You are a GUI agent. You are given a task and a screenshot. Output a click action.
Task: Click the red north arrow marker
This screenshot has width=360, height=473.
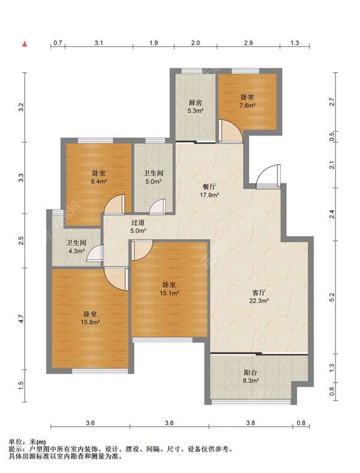[x=25, y=44]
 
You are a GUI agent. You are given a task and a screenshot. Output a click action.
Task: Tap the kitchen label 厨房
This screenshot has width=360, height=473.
[x=195, y=102]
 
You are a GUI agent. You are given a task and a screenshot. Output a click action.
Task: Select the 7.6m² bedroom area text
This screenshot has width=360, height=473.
[x=247, y=106]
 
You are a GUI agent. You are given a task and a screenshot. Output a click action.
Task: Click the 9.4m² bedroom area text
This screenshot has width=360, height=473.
[x=99, y=182]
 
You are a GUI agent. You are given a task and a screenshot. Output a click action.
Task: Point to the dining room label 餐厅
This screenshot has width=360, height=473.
[x=209, y=186]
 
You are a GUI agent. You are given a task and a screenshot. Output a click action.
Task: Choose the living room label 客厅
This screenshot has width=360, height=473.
[x=259, y=293]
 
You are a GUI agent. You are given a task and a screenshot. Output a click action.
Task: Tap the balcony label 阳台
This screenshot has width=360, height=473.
[x=250, y=372]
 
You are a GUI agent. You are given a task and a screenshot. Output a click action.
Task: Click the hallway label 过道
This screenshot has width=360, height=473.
[x=138, y=222]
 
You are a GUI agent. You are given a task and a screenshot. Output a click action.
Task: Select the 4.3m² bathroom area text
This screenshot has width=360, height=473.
[x=76, y=251]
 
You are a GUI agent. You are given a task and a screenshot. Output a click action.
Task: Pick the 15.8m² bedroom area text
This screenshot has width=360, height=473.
[x=91, y=322]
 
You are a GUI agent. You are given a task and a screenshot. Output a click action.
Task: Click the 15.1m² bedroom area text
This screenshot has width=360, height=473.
[x=170, y=293]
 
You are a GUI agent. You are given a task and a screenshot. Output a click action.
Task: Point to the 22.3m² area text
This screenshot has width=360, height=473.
[x=259, y=300]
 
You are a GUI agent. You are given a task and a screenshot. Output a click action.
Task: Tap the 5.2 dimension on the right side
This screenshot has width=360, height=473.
[x=332, y=297]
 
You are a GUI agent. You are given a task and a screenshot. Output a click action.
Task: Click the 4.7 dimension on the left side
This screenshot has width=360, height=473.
[x=20, y=318]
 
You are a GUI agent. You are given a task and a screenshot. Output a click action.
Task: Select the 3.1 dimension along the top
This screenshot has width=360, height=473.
[x=99, y=43]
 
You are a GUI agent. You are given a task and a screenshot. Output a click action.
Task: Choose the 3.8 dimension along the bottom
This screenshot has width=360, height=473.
[x=250, y=423]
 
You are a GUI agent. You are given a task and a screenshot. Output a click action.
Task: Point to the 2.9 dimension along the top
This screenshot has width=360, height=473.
[x=248, y=43]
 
